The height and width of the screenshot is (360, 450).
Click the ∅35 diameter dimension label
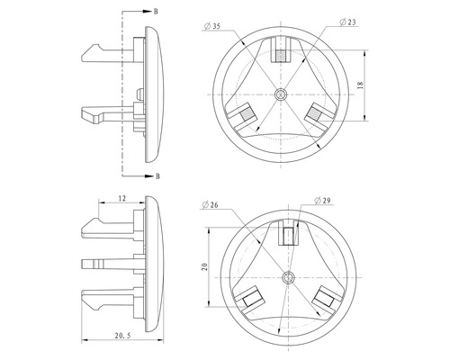[215, 26]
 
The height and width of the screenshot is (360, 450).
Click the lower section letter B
[157, 175]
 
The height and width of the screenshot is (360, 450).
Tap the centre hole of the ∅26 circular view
[288, 276]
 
